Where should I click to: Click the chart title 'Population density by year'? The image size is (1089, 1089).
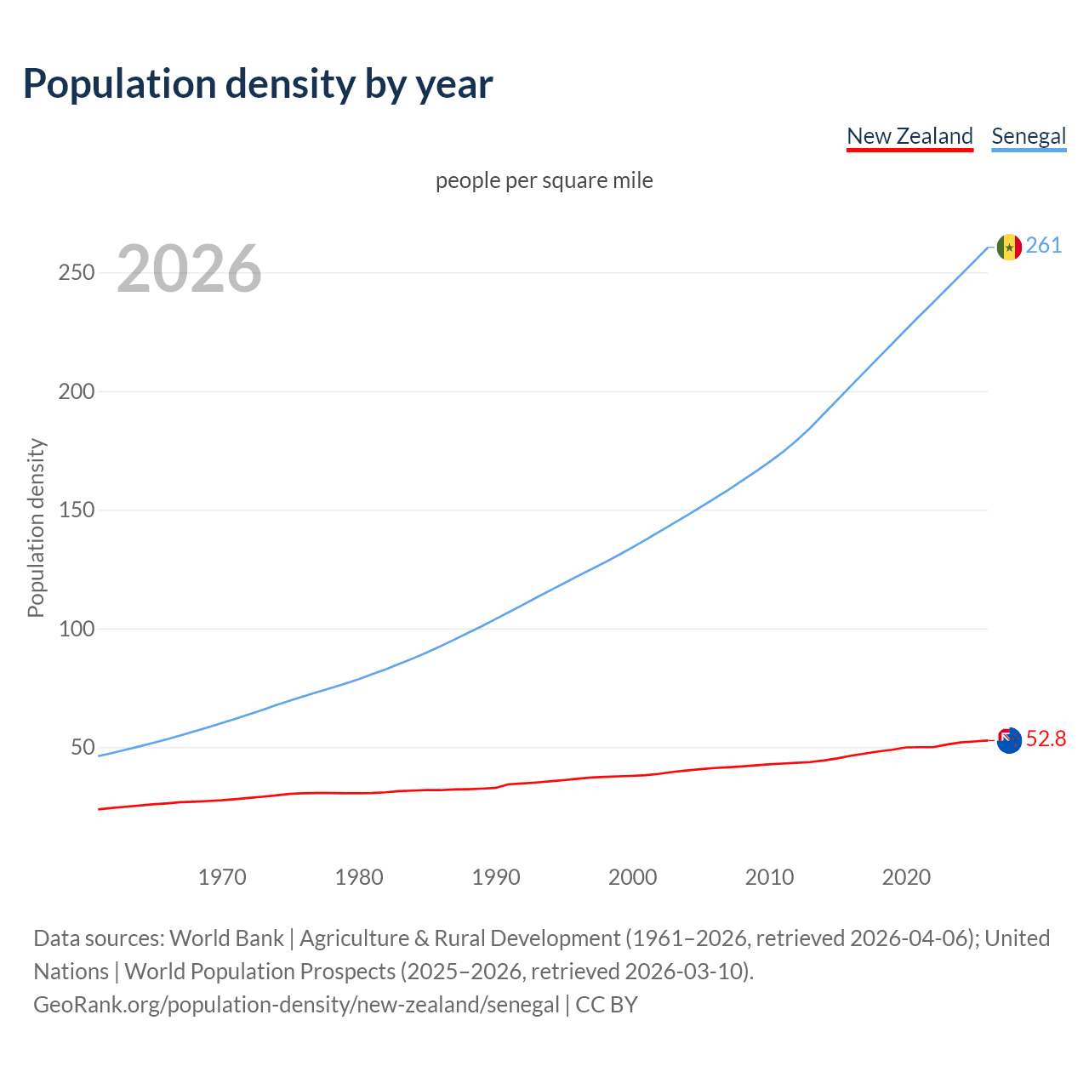[258, 84]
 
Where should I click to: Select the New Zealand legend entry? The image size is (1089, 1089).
[909, 136]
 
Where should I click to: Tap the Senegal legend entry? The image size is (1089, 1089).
[1029, 136]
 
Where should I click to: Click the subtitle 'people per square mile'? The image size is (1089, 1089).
[544, 180]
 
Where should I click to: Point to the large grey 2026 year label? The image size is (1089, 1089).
[189, 269]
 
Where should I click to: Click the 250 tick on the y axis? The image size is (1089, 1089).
[77, 273]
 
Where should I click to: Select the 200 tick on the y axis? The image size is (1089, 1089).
[77, 391]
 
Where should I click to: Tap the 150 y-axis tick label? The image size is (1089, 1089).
[77, 510]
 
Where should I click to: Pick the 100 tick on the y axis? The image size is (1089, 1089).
[77, 629]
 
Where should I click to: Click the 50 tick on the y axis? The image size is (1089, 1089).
[83, 748]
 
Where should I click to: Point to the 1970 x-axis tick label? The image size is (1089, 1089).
[222, 877]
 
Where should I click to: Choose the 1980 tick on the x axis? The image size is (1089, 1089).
[359, 877]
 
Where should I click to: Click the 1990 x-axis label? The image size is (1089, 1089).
[496, 877]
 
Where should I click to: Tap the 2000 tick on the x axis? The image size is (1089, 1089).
[633, 877]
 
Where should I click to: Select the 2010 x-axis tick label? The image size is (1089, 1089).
[770, 877]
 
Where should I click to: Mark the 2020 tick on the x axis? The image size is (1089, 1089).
[907, 877]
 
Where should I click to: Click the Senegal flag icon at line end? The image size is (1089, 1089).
[1009, 247]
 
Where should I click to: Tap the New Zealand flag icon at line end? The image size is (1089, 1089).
[1009, 740]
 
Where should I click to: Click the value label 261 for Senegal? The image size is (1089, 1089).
[1044, 246]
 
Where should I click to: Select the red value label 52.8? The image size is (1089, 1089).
[1046, 739]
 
